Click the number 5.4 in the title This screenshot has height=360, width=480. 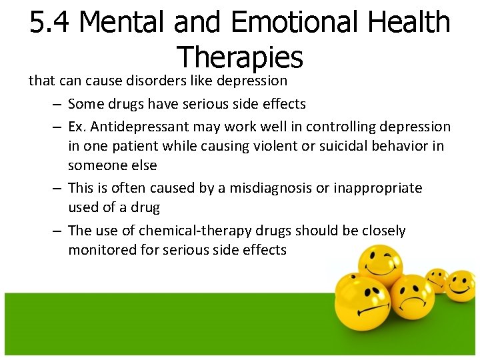coord(53,23)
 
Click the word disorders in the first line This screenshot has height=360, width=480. coord(156,81)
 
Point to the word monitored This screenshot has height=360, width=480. coord(101,250)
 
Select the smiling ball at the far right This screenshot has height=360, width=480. coord(460,285)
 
